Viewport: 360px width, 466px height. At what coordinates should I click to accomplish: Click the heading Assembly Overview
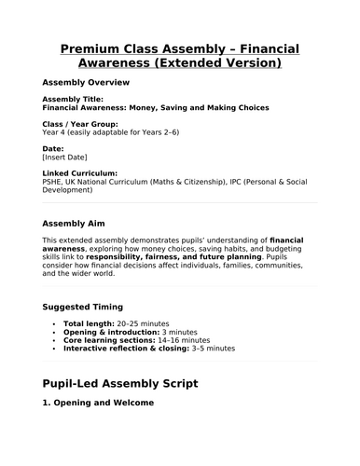pos(87,82)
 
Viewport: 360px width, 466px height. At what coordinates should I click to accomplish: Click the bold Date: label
pos(54,148)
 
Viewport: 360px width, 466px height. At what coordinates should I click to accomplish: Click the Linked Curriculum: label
pos(80,173)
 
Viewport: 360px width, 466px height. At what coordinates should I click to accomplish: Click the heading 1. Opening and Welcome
pos(104,405)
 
